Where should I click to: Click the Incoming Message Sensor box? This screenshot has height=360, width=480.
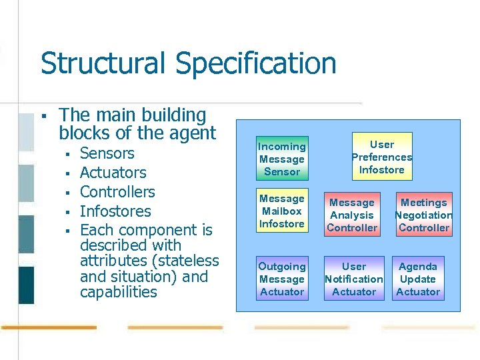(x=282, y=159)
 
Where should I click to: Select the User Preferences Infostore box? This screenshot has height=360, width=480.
(x=382, y=157)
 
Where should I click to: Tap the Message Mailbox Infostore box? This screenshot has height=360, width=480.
(x=282, y=211)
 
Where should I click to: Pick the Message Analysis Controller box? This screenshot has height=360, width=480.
(x=352, y=215)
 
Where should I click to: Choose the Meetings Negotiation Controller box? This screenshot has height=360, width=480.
(x=424, y=215)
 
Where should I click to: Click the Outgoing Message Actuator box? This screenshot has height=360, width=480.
(x=282, y=279)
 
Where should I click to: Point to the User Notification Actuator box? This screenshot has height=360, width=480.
(x=354, y=279)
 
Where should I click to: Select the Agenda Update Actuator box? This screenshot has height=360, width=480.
(x=418, y=279)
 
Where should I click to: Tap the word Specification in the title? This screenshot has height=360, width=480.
(x=256, y=64)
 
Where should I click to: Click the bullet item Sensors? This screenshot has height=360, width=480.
(x=107, y=153)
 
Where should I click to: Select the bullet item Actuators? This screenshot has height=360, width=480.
(x=113, y=173)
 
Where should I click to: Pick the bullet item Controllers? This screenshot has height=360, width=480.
(x=117, y=192)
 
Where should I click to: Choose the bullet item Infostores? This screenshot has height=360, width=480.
(x=115, y=211)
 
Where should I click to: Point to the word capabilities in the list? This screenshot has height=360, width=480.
(x=118, y=293)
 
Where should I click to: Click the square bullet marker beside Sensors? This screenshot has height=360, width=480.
(x=67, y=154)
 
